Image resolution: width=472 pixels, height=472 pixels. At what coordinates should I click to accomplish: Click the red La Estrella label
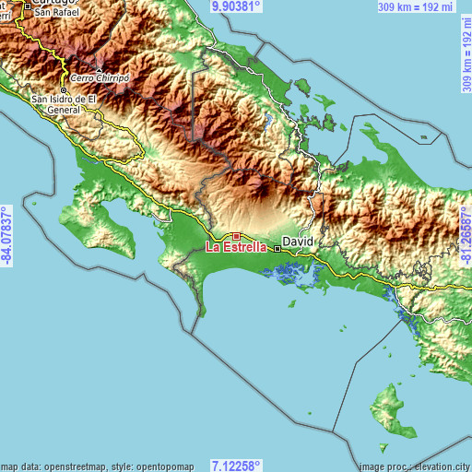pos(237,247)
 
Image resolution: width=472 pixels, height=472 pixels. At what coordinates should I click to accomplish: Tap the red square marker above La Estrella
pos(236,237)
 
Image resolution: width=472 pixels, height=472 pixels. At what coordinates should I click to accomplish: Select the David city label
pos(298,241)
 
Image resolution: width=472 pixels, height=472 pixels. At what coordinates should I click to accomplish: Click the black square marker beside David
pos(277,247)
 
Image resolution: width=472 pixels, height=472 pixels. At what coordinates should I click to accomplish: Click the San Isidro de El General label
pos(65,102)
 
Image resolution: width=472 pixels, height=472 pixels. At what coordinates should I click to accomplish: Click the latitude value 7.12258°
pos(236,466)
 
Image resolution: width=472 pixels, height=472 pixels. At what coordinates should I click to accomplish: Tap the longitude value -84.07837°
pos(7,236)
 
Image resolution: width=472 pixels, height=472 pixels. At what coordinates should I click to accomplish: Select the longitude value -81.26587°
pos(465,236)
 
